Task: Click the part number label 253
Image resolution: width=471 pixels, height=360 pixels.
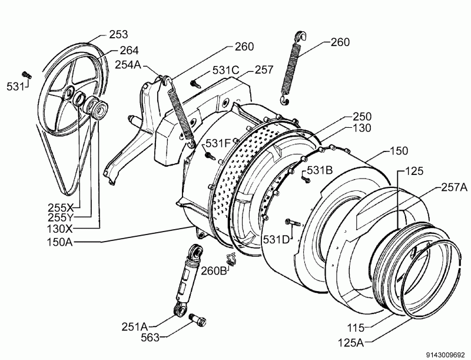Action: (x=118, y=35)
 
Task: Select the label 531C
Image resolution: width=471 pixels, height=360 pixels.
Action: (x=226, y=70)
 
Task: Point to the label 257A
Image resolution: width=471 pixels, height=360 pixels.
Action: (x=454, y=187)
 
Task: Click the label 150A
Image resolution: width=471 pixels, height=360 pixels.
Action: (x=60, y=242)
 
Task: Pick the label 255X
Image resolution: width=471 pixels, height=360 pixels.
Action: (x=61, y=207)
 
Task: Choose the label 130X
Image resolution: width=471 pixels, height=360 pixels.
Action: (x=60, y=229)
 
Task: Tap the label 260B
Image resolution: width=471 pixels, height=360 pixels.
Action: (x=214, y=271)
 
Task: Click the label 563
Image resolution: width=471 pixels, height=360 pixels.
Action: (x=150, y=338)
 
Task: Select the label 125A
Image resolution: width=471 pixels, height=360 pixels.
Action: (x=351, y=342)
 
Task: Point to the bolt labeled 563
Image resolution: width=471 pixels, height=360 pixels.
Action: (x=197, y=319)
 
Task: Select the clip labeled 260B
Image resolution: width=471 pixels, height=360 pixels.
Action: (x=231, y=259)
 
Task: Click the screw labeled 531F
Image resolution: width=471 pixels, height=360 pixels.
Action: (x=210, y=156)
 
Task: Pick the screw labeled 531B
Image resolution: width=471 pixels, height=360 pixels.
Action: (x=306, y=179)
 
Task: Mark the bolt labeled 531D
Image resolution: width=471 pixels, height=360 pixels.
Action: (x=293, y=223)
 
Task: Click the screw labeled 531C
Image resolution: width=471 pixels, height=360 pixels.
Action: (x=195, y=84)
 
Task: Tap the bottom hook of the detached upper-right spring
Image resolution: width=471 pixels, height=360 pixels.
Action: (x=284, y=100)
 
